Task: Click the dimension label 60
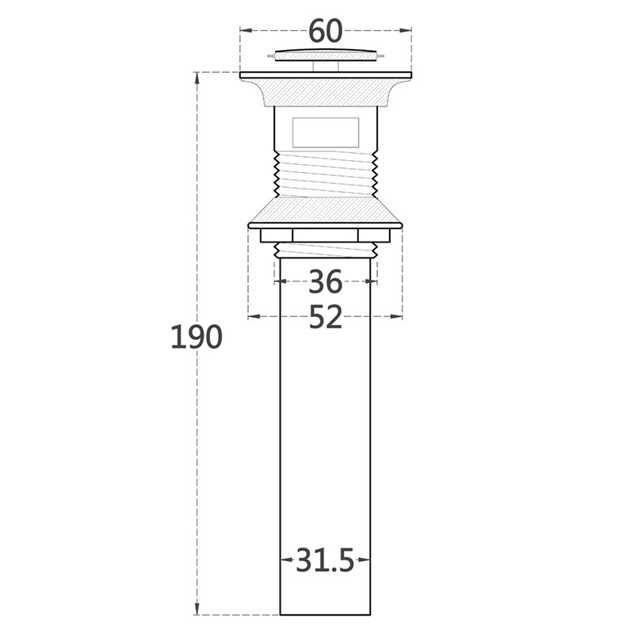(x=326, y=31)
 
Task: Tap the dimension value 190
(x=197, y=337)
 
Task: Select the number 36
(x=326, y=282)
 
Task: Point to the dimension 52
(x=326, y=317)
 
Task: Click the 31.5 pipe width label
(x=325, y=560)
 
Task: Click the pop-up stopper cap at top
(x=326, y=55)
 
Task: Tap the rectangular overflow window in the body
(x=326, y=132)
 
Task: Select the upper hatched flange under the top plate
(x=326, y=92)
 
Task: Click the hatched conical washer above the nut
(x=326, y=210)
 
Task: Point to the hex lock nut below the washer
(x=326, y=235)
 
